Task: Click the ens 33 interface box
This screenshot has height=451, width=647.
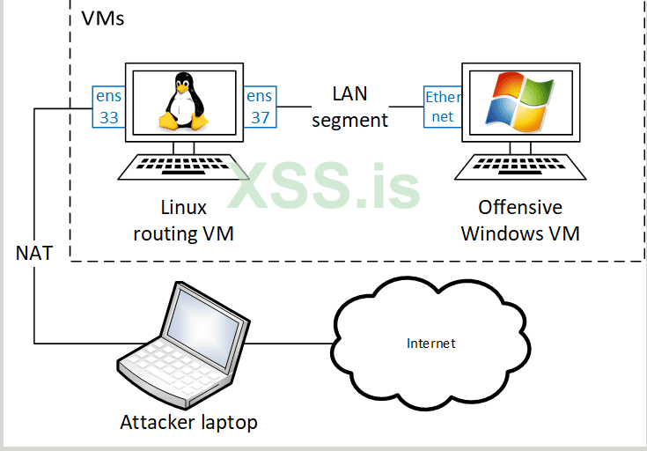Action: coord(109,107)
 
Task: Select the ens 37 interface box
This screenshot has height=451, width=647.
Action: coord(260,107)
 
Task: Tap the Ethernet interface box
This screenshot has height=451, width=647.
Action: coord(442,107)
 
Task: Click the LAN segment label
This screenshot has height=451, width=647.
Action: coord(349,107)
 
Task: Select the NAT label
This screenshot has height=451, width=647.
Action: coord(34,254)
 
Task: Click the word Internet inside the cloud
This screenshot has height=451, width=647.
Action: coord(431,343)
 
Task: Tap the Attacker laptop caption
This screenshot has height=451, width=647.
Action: coord(188,422)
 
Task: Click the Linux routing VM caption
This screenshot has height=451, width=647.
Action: coord(184,220)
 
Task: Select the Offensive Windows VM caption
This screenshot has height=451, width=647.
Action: coord(520,220)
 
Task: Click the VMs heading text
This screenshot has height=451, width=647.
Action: coord(102,18)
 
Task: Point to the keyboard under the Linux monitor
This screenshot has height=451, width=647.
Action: coord(184,166)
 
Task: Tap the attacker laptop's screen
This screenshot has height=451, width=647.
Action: coord(205,321)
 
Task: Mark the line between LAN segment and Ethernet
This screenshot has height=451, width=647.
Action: coord(406,107)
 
